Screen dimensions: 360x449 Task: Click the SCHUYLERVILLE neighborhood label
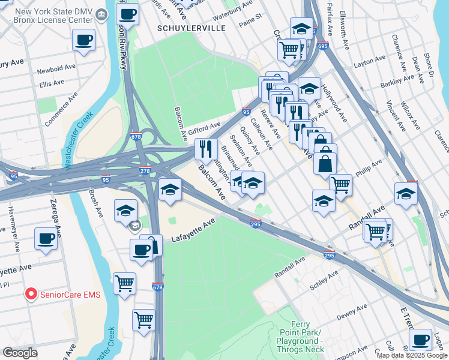(183, 28)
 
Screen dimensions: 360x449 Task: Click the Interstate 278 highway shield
(145, 171)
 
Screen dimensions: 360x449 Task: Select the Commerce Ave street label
(61, 108)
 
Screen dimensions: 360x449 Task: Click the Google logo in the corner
(20, 353)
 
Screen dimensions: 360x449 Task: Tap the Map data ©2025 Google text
(412, 355)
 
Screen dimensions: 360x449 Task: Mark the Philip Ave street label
(369, 169)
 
